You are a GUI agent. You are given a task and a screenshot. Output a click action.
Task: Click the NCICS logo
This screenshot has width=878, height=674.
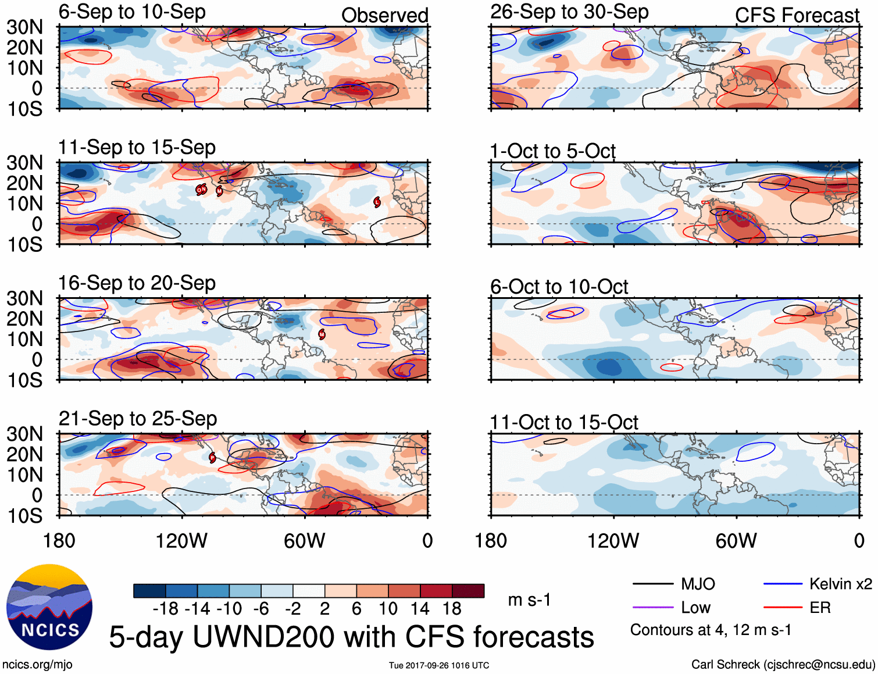click(49, 607)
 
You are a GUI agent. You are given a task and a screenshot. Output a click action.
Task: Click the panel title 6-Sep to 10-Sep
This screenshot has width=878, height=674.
click(132, 12)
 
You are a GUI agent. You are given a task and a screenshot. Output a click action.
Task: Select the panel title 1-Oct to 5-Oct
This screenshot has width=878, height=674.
click(552, 151)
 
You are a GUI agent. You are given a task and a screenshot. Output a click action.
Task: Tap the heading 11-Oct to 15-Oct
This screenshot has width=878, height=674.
click(564, 422)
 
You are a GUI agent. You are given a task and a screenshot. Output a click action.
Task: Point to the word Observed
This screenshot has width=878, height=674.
click(384, 16)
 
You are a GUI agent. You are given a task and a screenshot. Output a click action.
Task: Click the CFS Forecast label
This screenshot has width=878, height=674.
click(797, 16)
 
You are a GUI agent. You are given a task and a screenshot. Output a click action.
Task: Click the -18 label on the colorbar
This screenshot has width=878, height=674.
click(166, 609)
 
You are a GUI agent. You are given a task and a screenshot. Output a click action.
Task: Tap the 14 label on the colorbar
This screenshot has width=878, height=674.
click(420, 609)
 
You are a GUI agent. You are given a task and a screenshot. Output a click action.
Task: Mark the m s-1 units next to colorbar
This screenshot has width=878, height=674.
click(529, 600)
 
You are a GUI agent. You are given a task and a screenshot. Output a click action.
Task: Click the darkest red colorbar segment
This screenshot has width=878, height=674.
click(468, 591)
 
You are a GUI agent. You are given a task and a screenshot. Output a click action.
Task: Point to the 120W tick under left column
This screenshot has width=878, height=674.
click(181, 541)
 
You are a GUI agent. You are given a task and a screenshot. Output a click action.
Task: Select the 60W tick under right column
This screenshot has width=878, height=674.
click(736, 541)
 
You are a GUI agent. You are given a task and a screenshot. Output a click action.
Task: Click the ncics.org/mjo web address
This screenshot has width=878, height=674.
click(37, 664)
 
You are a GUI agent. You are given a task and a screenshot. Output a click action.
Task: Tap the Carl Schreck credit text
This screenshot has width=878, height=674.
click(783, 664)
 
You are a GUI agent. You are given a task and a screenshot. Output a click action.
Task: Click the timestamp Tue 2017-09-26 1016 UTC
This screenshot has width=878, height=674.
click(439, 665)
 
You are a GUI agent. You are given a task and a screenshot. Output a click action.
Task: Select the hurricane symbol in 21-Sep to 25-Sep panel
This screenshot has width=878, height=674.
click(212, 458)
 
